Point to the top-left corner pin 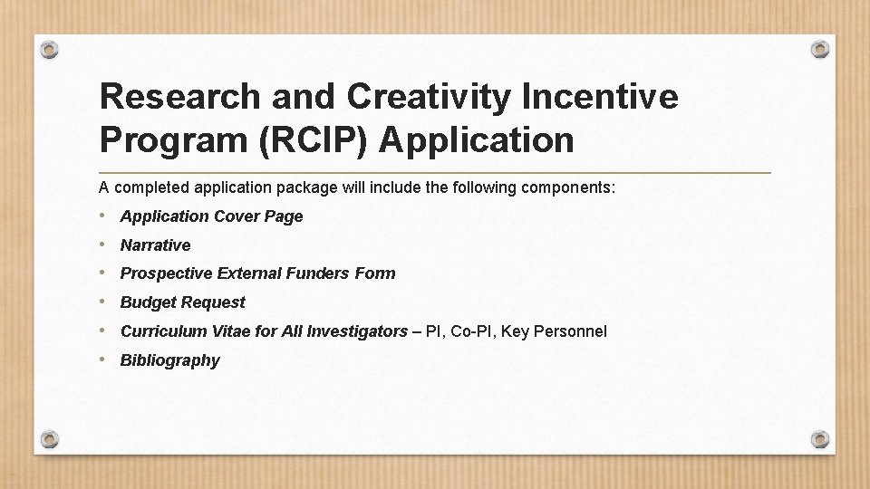pos(50,48)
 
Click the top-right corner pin pos(819,48)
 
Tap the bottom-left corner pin pos(50,439)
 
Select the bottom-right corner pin pos(819,439)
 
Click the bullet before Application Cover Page pos(105,216)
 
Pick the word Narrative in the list pos(155,245)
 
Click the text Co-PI pos(472,331)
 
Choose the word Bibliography pos(169,360)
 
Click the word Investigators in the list pos(357,331)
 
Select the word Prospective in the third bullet pos(166,273)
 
